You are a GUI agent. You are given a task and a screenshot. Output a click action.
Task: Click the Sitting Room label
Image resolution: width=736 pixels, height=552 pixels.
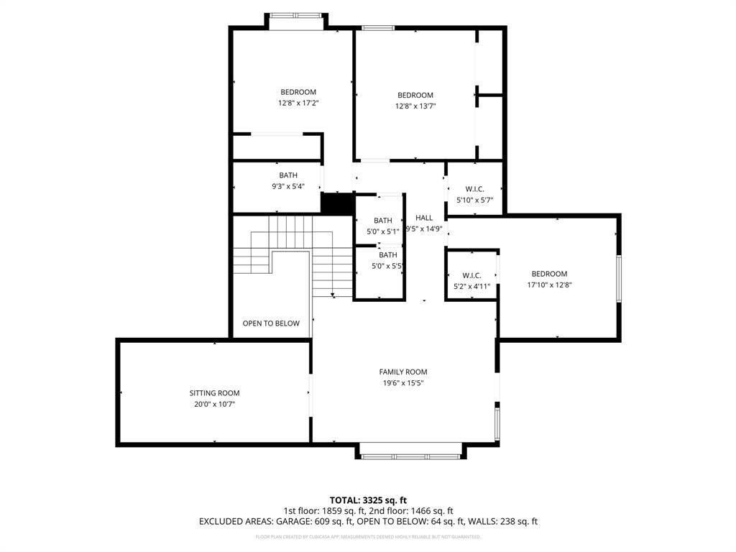pos(214,393)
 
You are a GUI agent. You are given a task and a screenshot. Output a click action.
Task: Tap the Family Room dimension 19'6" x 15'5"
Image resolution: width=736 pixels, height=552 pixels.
pos(403,383)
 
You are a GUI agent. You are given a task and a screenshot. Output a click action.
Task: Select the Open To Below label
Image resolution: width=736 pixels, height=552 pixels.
pos(271,323)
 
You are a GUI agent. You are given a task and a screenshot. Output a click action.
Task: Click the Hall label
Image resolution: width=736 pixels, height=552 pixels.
pos(424,218)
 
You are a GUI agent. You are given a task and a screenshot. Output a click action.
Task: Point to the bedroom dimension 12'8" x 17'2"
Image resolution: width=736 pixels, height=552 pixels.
pos(298,103)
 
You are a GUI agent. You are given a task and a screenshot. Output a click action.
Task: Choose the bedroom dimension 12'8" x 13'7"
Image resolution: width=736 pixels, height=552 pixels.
pos(415,106)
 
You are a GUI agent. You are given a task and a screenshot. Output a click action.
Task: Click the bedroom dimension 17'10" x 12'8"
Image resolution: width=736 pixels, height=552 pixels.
pos(549,285)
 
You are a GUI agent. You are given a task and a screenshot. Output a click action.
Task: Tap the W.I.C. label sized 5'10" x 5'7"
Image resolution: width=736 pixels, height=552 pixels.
pos(474,189)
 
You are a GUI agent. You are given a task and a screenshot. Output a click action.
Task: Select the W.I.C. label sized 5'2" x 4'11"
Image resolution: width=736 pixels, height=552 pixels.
pos(471,275)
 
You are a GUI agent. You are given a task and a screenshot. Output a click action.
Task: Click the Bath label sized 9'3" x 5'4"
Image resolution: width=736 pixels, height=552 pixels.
pos(288,175)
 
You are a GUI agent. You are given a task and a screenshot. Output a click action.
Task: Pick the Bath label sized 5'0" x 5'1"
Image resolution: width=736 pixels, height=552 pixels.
pos(383,221)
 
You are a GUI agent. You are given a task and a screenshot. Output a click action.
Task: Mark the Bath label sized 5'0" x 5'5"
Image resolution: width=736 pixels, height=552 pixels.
pos(388,255)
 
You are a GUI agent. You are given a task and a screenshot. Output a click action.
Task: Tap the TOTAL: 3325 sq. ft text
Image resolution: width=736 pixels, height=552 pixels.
pos(368,500)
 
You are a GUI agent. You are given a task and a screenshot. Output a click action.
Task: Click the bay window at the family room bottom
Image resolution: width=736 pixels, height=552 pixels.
pos(410,456)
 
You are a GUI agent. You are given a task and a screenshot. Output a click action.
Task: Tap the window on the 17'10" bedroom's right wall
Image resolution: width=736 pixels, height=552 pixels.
pos(619,278)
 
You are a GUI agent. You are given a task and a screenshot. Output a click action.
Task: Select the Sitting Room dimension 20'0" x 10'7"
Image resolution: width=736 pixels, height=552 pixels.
pos(214,404)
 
